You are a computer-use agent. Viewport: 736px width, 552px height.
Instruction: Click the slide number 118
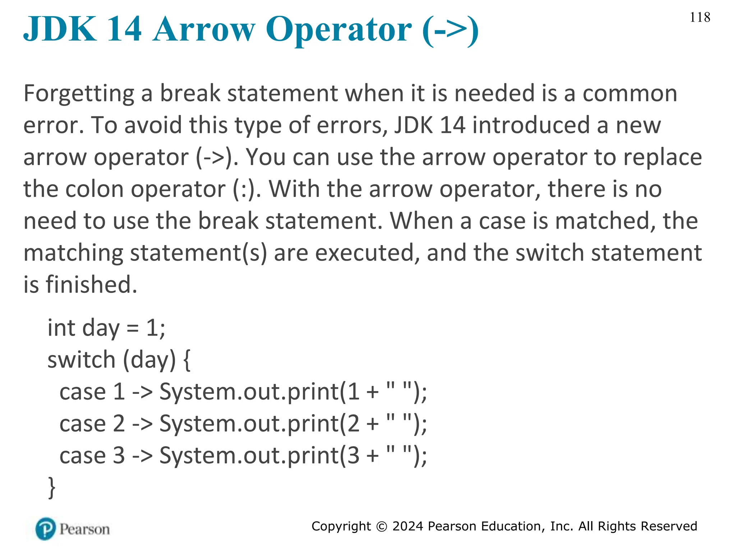point(700,17)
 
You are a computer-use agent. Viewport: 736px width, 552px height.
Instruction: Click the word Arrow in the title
point(204,29)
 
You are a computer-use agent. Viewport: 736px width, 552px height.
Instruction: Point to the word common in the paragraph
point(630,94)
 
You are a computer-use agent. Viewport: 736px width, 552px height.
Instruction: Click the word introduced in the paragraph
point(531,125)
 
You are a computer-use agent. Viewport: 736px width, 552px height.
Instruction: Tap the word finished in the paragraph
point(91,285)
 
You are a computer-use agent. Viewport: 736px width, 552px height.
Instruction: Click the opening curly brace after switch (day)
point(187,360)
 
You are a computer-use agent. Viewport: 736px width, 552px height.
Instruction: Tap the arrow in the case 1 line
point(142,392)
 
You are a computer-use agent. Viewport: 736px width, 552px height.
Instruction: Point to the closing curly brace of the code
point(52,487)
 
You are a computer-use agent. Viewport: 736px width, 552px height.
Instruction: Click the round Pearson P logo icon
point(46,529)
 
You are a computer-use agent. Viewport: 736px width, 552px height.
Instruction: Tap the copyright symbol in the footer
point(382,526)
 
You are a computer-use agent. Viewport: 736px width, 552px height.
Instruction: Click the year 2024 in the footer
point(408,526)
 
